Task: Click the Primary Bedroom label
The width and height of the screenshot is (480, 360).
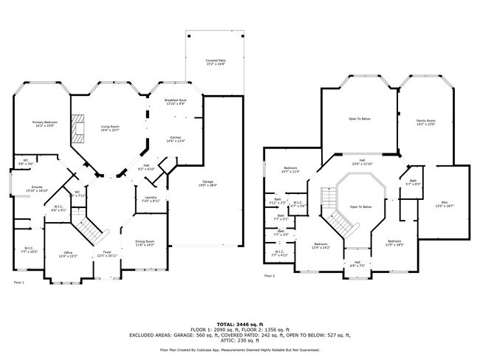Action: point(44,124)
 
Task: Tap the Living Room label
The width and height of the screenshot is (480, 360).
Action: point(110,128)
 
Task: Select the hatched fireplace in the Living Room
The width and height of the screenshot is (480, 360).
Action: point(77,128)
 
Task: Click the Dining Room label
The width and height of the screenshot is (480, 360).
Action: point(145,243)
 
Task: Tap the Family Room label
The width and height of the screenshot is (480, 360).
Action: point(426,122)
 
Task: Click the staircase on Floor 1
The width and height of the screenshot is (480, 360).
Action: point(88,229)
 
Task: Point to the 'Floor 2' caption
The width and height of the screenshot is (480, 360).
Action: point(270,276)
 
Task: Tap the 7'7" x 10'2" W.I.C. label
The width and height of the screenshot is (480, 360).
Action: point(29,249)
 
